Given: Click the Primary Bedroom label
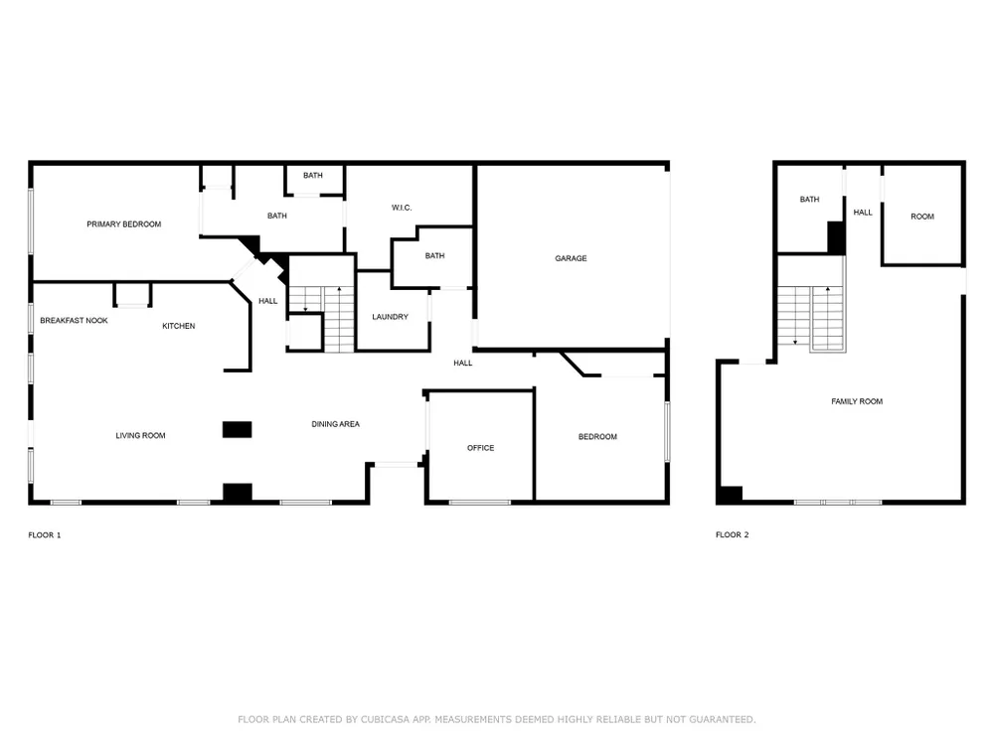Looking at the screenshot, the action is pyautogui.click(x=123, y=224).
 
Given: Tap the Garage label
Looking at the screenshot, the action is pyautogui.click(x=571, y=258).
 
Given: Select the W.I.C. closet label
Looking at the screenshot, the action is pyautogui.click(x=402, y=208).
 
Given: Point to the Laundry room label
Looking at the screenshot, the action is pyautogui.click(x=390, y=317).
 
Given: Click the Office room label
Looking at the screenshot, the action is pyautogui.click(x=480, y=448).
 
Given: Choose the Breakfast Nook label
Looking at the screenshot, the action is pyautogui.click(x=74, y=321).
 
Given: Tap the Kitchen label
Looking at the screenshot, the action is pyautogui.click(x=178, y=326).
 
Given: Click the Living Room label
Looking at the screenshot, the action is pyautogui.click(x=140, y=436).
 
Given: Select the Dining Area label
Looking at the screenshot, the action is pyautogui.click(x=335, y=424).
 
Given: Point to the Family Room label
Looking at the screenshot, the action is pyautogui.click(x=857, y=401).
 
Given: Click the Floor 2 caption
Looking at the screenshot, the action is pyautogui.click(x=733, y=534).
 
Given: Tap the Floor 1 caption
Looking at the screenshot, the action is pyautogui.click(x=45, y=535).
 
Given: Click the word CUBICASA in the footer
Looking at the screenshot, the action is pyautogui.click(x=385, y=719).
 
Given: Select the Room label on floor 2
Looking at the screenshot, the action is pyautogui.click(x=922, y=217).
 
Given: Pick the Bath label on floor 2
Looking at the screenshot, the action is pyautogui.click(x=809, y=200).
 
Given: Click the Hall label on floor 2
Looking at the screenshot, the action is pyautogui.click(x=862, y=213).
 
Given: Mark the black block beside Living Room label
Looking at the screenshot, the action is pyautogui.click(x=238, y=429).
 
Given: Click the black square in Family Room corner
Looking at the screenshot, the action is pyautogui.click(x=731, y=495).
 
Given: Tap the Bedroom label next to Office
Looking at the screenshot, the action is pyautogui.click(x=597, y=437).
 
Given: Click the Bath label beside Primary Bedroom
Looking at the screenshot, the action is pyautogui.click(x=277, y=216).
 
